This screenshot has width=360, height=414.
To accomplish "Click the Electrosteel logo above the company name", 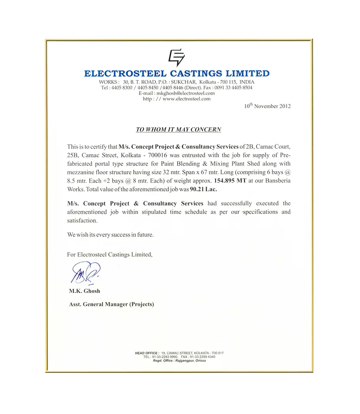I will click(176, 57).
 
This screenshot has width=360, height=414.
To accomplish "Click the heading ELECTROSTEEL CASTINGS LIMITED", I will click(177, 73).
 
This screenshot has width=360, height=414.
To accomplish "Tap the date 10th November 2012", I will click(267, 106).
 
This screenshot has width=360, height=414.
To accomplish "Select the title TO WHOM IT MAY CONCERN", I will click(178, 130).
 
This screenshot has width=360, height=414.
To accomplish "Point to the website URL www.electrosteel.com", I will click(186, 99).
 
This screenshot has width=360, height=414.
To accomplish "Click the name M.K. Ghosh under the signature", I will click(84, 291).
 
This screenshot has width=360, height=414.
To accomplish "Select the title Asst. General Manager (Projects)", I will click(111, 304).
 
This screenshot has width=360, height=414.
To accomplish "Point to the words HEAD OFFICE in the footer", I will click(147, 353).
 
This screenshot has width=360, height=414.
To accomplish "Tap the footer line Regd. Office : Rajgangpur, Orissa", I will click(179, 361).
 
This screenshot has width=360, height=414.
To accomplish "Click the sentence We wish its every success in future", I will click(110, 235).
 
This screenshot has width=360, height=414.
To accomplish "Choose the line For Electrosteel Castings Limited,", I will click(109, 254).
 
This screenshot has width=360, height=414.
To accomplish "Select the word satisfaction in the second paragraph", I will click(82, 220).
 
